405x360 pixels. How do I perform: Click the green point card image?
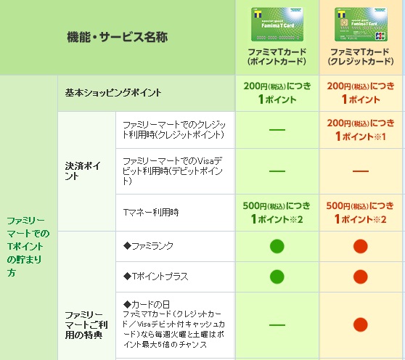[x=276, y=25]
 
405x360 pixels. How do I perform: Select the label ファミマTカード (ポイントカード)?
[x=277, y=57]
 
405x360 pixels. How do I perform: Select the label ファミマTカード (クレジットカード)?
[x=360, y=57]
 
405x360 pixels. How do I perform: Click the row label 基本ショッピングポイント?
[x=113, y=93]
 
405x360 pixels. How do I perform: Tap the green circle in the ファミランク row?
[x=277, y=246]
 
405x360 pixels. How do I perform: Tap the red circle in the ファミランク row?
[x=360, y=246]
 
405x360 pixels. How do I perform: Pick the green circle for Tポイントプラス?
[x=277, y=277]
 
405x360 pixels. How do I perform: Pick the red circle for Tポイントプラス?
[x=360, y=277]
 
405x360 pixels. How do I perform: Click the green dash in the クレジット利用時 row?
[x=277, y=129]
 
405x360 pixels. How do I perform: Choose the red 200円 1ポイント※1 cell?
[x=360, y=129]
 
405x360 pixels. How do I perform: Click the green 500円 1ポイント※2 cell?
[x=277, y=212]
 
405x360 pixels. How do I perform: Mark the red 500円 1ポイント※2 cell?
[x=360, y=212]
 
